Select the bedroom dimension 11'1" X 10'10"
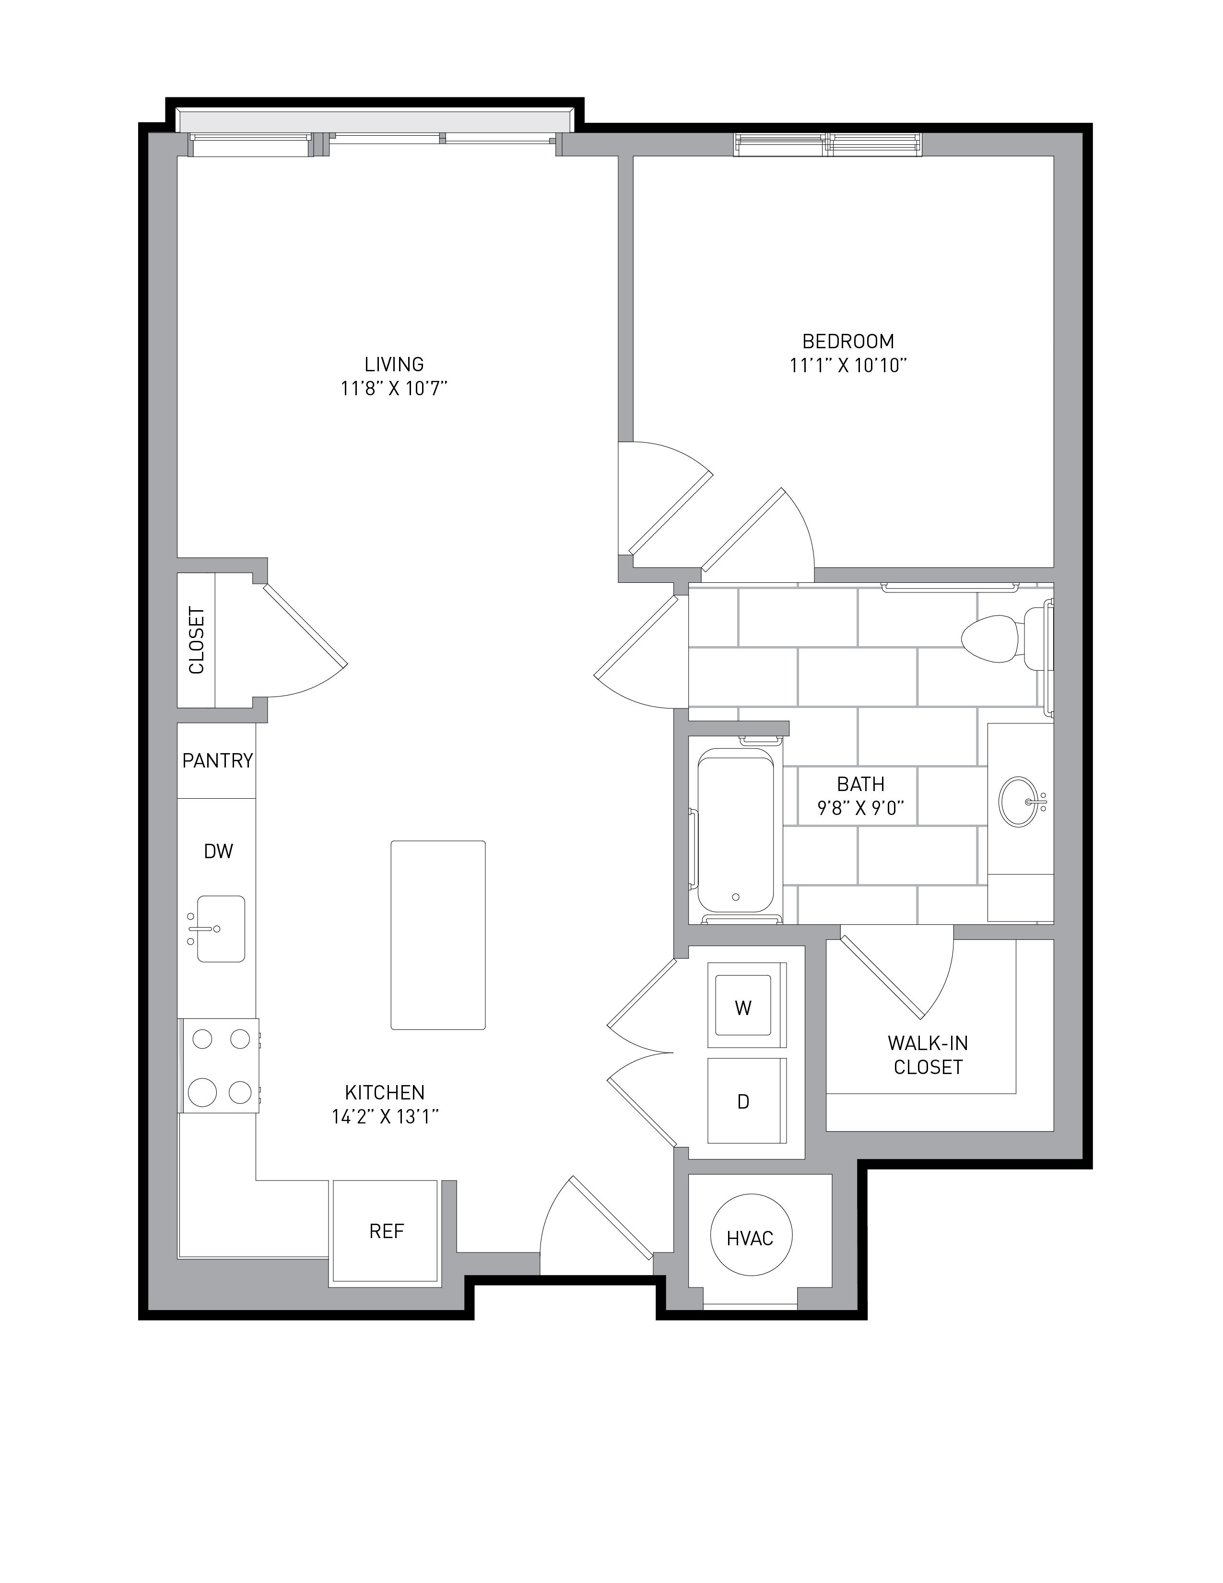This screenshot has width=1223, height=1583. pos(848,366)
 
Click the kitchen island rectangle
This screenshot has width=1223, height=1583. pos(437,935)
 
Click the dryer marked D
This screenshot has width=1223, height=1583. pos(747,1100)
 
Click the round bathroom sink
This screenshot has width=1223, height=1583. pos(1020,801)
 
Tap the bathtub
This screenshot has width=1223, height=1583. pos(735,830)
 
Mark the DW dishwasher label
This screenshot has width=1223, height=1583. pos(218,851)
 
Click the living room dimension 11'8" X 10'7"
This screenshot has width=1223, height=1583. pos(394,389)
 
